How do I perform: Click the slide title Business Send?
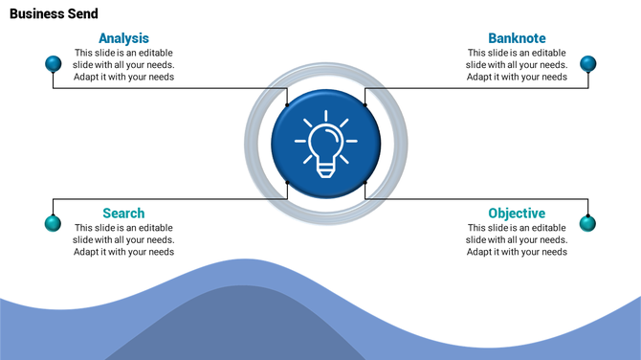tap(54, 14)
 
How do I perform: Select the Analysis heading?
tap(123, 38)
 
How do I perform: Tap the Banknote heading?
tap(517, 38)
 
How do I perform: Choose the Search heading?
tap(123, 213)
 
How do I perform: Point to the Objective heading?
tap(517, 213)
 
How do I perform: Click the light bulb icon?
tap(325, 144)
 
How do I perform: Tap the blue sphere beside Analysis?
tap(54, 64)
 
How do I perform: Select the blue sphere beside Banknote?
tap(588, 64)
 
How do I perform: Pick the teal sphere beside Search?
tap(54, 223)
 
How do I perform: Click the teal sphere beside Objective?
tap(587, 223)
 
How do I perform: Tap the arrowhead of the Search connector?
tap(288, 181)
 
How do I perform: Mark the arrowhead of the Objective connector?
tap(365, 181)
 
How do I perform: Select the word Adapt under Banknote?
tap(480, 77)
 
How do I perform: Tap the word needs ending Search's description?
tap(160, 252)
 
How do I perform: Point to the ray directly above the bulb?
tap(325, 116)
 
